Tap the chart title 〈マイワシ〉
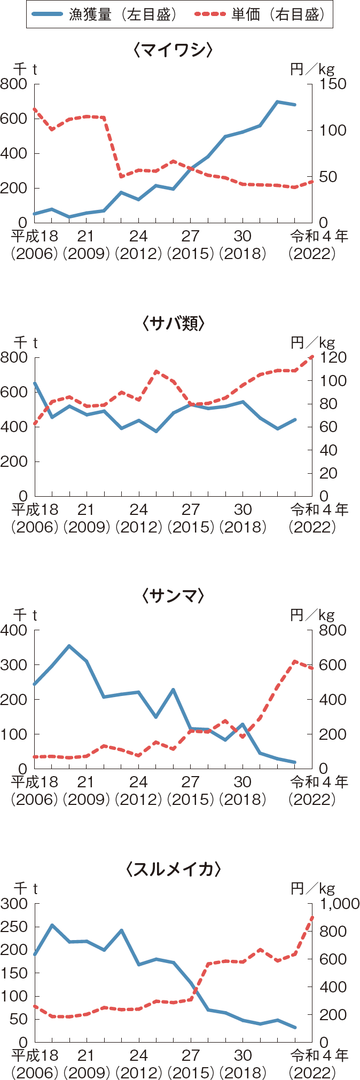pos(174,50)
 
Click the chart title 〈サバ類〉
pos(174,323)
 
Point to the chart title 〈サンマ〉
pos(174,596)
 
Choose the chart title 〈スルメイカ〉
pos(174,869)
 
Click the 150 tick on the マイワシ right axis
pos(333,84)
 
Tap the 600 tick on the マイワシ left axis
pos(14,119)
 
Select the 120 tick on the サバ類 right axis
pos(333,357)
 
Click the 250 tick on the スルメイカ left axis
pos(14,927)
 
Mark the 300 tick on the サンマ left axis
pos(14,665)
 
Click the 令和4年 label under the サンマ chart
pos(319,782)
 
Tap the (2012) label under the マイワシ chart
pos(138,253)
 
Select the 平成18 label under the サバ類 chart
pos(35,510)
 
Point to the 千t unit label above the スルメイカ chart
pos(26,888)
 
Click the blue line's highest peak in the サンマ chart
pos(69,646)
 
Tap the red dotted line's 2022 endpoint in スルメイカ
pos(312,917)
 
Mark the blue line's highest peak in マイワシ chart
pos(277,101)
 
